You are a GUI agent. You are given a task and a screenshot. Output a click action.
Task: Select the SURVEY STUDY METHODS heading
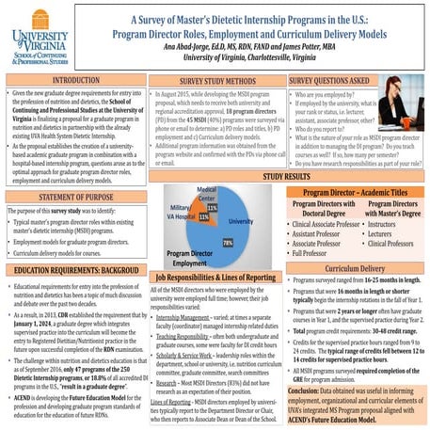206,81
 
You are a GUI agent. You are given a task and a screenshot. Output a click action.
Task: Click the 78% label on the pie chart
227,242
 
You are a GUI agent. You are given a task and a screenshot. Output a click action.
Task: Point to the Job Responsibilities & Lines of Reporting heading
215,279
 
